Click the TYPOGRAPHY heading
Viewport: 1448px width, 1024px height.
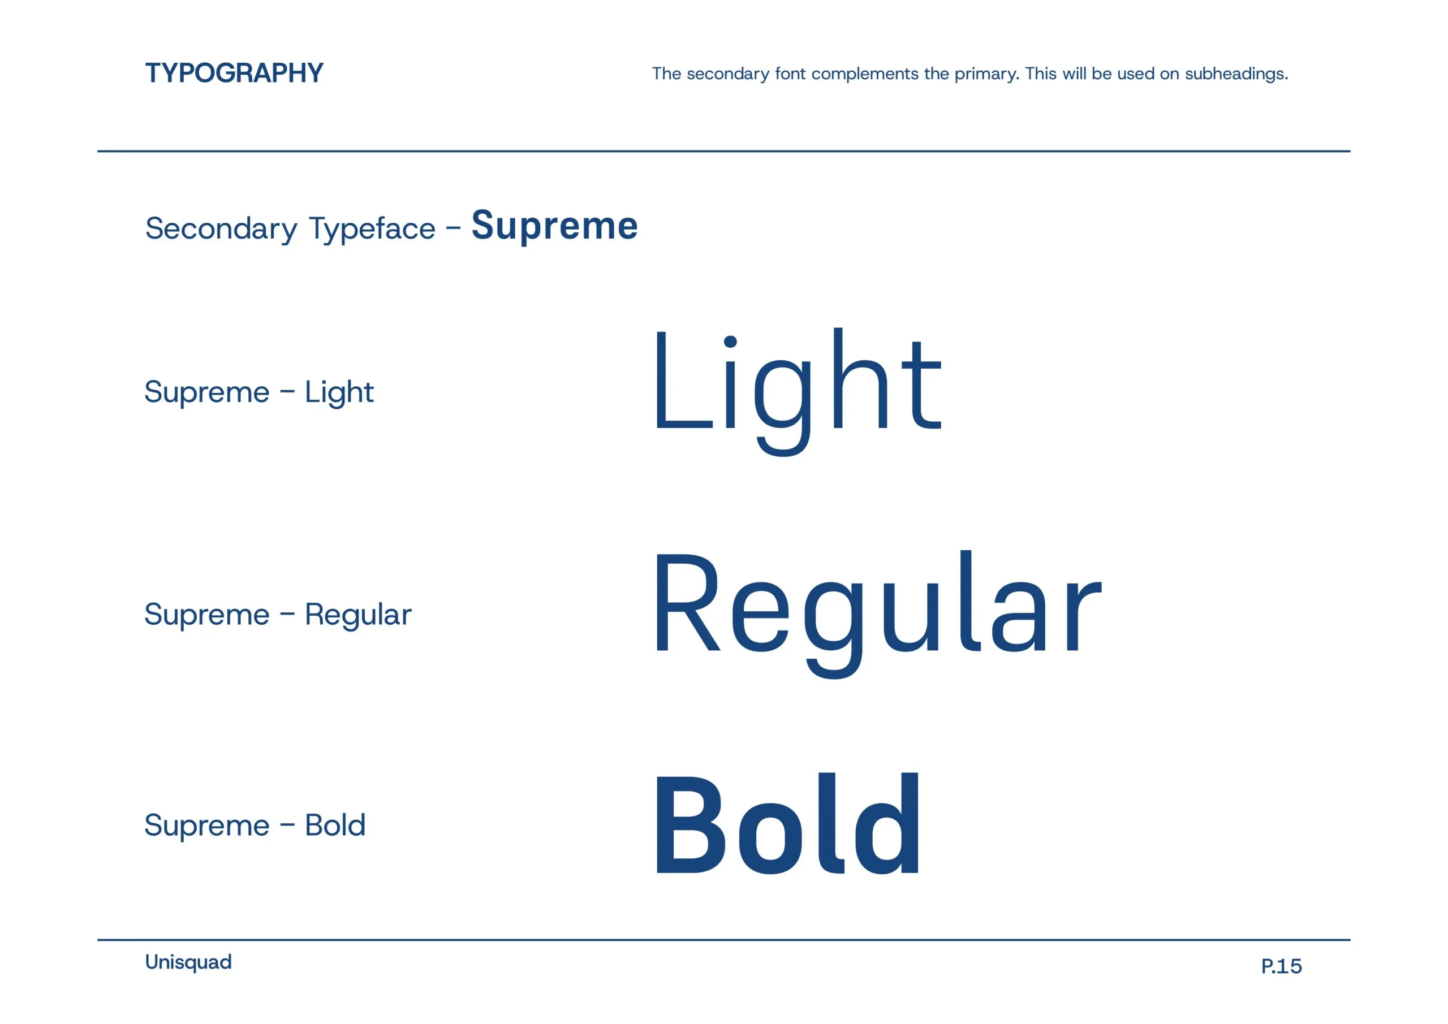234,73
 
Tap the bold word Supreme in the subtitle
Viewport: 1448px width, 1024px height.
554,226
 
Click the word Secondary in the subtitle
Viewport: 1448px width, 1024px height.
221,228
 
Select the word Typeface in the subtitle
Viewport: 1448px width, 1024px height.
372,229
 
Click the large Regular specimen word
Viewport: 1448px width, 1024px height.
877,608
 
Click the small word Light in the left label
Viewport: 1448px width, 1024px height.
339,393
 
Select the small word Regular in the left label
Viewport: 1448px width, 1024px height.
357,615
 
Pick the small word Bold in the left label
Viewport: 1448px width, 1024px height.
335,826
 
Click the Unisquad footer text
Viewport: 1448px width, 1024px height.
188,962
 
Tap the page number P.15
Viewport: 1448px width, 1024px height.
1281,966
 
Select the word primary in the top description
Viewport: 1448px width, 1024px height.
986,75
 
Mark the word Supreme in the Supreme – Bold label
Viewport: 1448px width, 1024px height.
207,826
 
